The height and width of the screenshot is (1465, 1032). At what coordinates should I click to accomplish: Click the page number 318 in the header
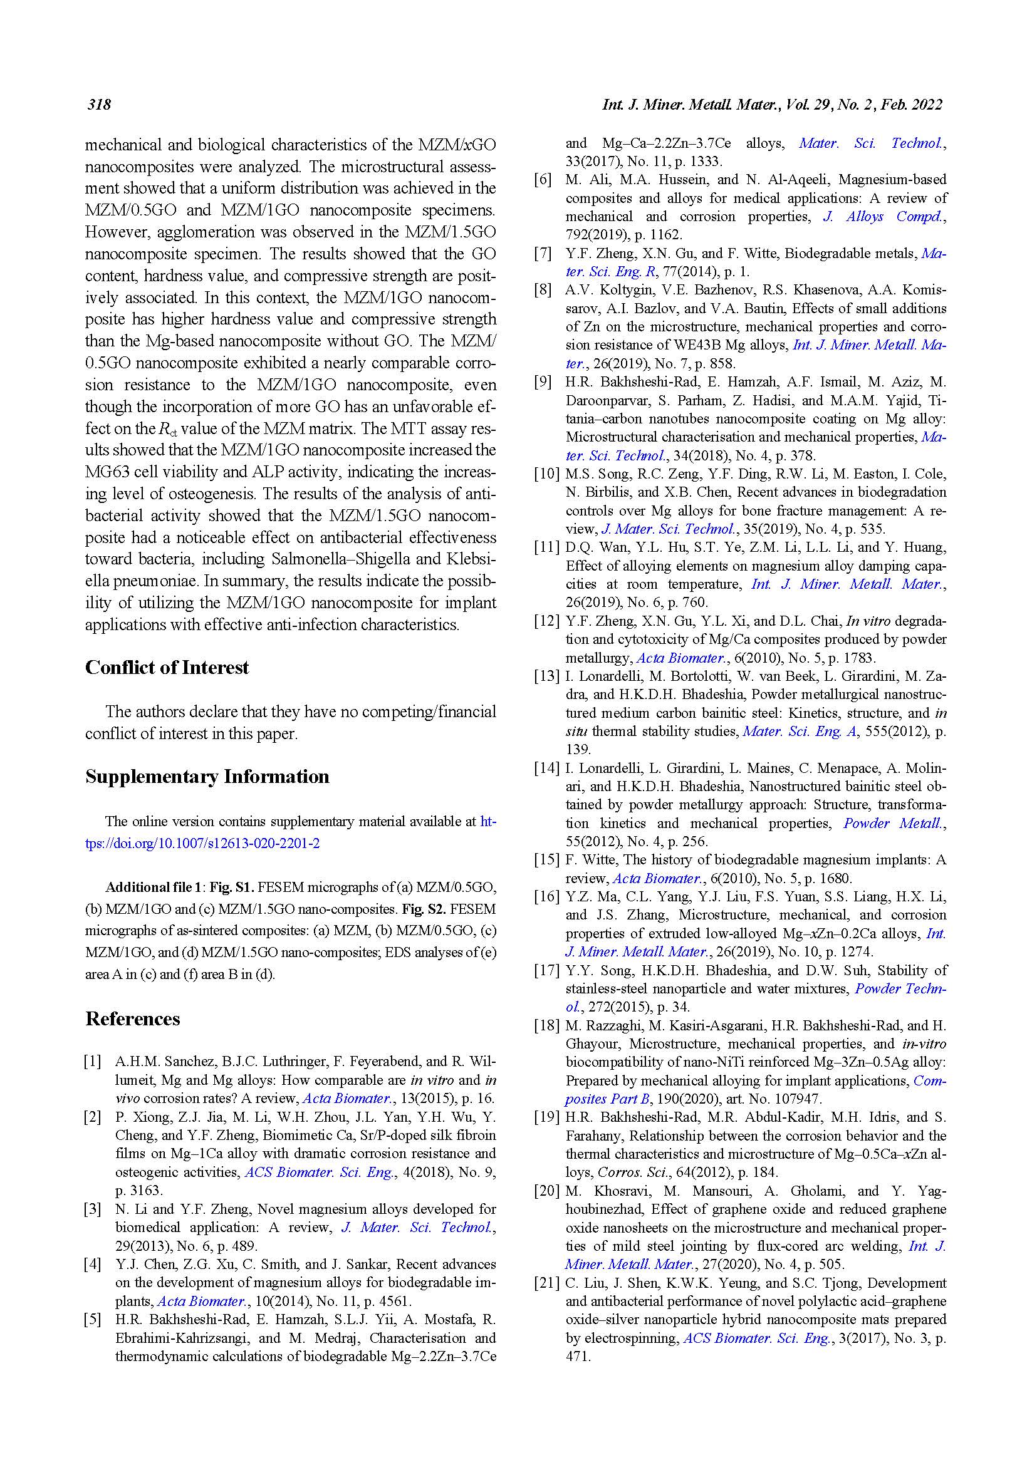(100, 105)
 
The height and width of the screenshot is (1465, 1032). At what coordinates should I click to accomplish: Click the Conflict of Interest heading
(167, 668)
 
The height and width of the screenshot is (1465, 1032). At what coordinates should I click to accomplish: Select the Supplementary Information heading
(207, 777)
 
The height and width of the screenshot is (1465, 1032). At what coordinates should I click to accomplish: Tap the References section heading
(133, 1019)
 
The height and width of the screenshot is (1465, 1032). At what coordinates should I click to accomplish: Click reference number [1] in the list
(93, 1062)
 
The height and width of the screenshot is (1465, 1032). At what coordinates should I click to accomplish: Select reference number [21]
(547, 1283)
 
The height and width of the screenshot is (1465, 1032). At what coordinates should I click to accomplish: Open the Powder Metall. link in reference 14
(893, 824)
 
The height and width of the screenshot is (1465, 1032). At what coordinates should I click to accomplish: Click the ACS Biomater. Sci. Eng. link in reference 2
(320, 1172)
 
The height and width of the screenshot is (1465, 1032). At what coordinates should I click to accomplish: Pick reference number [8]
(543, 291)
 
